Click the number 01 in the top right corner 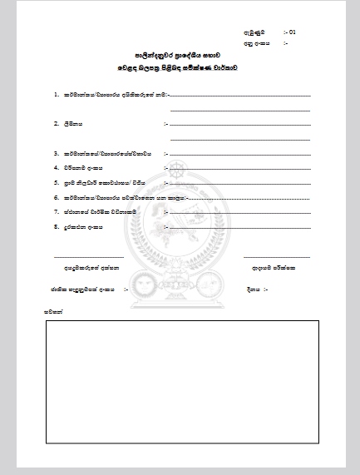(292, 32)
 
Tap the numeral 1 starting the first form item (56, 96)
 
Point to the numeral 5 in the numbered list (56, 182)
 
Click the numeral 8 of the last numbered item (56, 226)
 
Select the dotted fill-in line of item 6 (249, 199)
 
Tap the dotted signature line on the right (277, 258)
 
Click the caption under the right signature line (274, 269)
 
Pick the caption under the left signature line (87, 269)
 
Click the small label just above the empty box (53, 310)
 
